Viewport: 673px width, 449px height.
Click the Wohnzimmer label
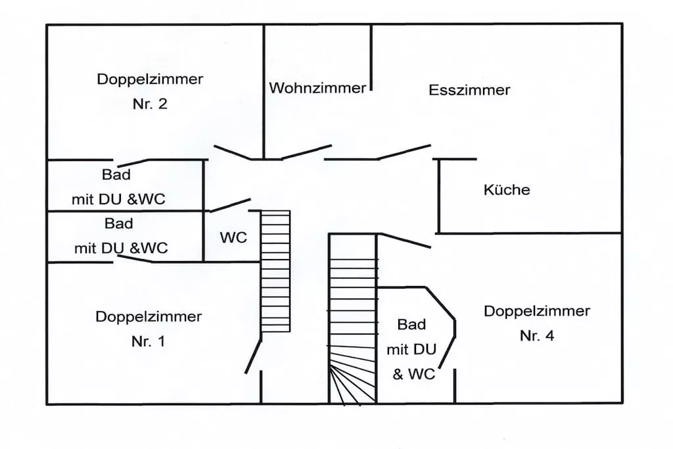pos(317,88)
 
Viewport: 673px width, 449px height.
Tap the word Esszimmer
pos(469,91)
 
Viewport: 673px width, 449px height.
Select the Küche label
pos(506,191)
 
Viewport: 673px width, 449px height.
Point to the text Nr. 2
pos(150,105)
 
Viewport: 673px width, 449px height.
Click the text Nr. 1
pos(149,342)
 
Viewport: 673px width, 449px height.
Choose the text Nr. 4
pos(537,336)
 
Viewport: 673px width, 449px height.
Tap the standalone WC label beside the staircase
pos(233,238)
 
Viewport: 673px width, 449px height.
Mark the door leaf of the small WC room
pos(229,204)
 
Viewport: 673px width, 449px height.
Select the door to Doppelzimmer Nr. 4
pos(405,241)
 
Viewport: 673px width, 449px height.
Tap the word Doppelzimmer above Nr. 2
pos(150,80)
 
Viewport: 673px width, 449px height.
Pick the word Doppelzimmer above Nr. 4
pos(537,311)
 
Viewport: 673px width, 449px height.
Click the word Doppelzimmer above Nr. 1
pos(149,317)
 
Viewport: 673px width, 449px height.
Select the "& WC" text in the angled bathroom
pos(414,375)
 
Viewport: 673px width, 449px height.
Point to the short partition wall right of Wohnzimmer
pos(371,57)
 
